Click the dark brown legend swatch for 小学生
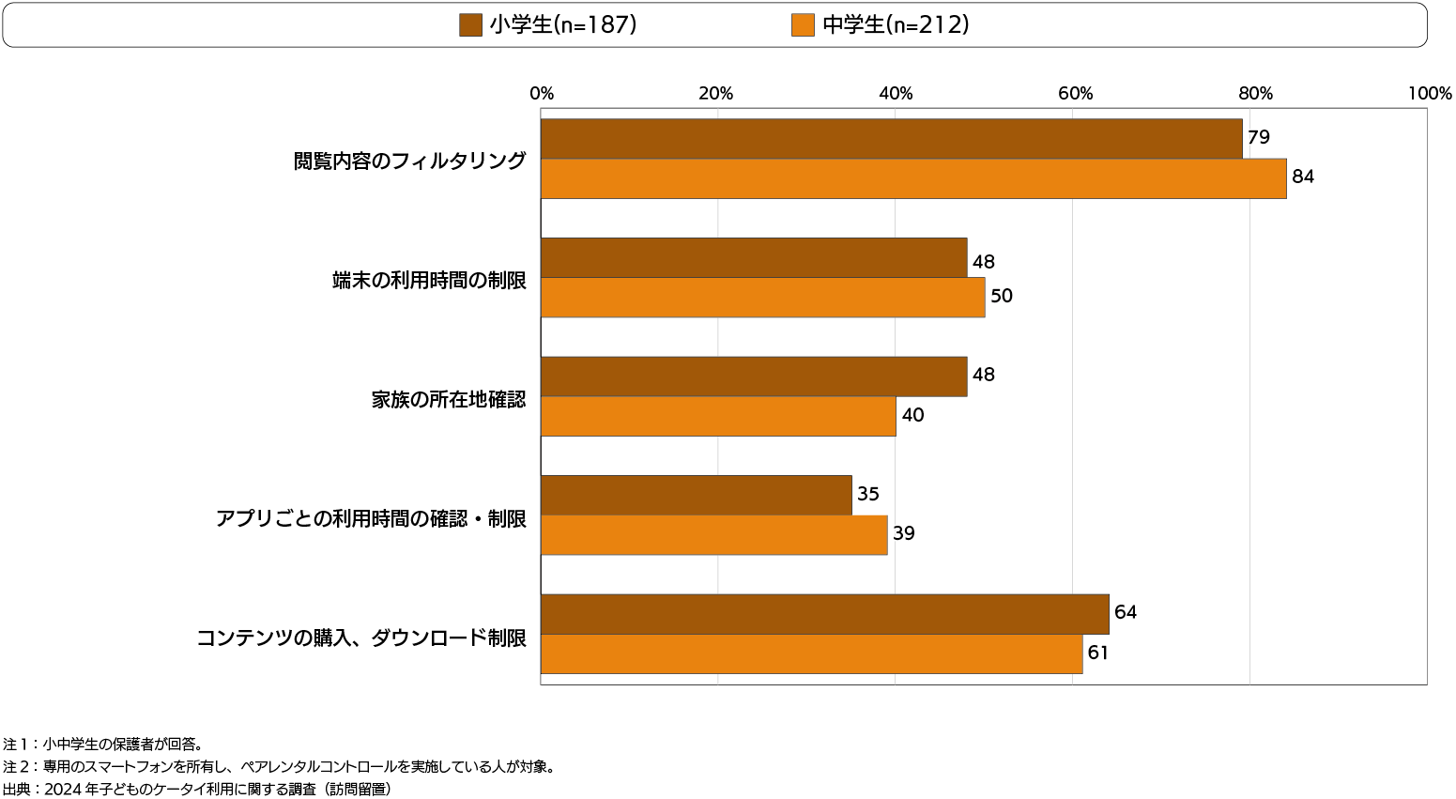click(x=470, y=25)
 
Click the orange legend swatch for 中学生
click(x=803, y=25)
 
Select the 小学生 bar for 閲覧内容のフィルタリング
click(x=891, y=139)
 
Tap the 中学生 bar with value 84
click(x=913, y=178)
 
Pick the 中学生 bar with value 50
click(x=762, y=298)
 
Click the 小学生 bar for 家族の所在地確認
click(x=754, y=376)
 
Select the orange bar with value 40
click(x=718, y=416)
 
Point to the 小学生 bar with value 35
click(x=697, y=495)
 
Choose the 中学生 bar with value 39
click(x=713, y=535)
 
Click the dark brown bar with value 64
click(x=824, y=614)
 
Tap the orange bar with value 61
click(x=811, y=653)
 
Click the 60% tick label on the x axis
click(x=1076, y=94)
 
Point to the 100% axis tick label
click(x=1430, y=94)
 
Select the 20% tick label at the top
click(x=716, y=94)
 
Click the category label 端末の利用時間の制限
click(x=429, y=281)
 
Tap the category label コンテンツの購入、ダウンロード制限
click(x=361, y=638)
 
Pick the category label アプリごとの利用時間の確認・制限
click(x=371, y=519)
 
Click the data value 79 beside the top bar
click(x=1259, y=138)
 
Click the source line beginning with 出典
click(x=197, y=790)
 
